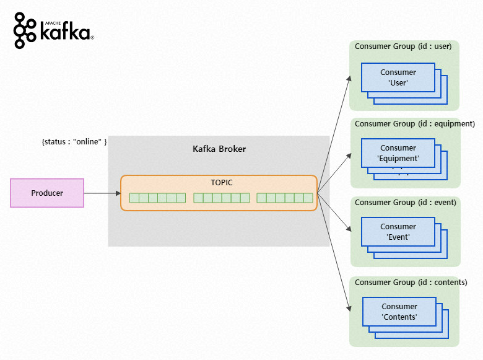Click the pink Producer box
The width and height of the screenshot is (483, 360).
[x=47, y=193]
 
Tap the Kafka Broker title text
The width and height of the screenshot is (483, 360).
[x=219, y=149]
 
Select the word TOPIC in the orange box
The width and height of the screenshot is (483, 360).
[x=221, y=183]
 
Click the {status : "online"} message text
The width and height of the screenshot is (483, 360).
[x=74, y=142]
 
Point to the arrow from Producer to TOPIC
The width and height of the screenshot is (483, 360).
[x=102, y=193]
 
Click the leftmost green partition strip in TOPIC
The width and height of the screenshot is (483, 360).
[x=157, y=198]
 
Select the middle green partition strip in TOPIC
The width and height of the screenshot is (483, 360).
[x=221, y=198]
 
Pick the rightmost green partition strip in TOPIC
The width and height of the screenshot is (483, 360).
[x=285, y=198]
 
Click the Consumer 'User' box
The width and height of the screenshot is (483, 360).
[x=398, y=77]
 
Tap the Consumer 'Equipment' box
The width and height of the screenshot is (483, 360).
[x=398, y=153]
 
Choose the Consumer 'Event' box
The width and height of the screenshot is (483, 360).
[x=398, y=231]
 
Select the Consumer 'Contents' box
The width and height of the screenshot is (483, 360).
[x=399, y=312]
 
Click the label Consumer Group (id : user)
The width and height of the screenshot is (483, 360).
[x=402, y=46]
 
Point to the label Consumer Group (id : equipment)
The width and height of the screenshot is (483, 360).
[x=414, y=124]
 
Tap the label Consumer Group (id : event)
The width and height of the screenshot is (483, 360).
[x=405, y=203]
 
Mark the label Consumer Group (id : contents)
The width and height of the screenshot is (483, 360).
[x=411, y=283]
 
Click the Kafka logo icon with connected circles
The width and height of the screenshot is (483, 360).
[x=25, y=30]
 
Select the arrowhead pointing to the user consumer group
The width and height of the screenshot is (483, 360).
[x=348, y=78]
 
